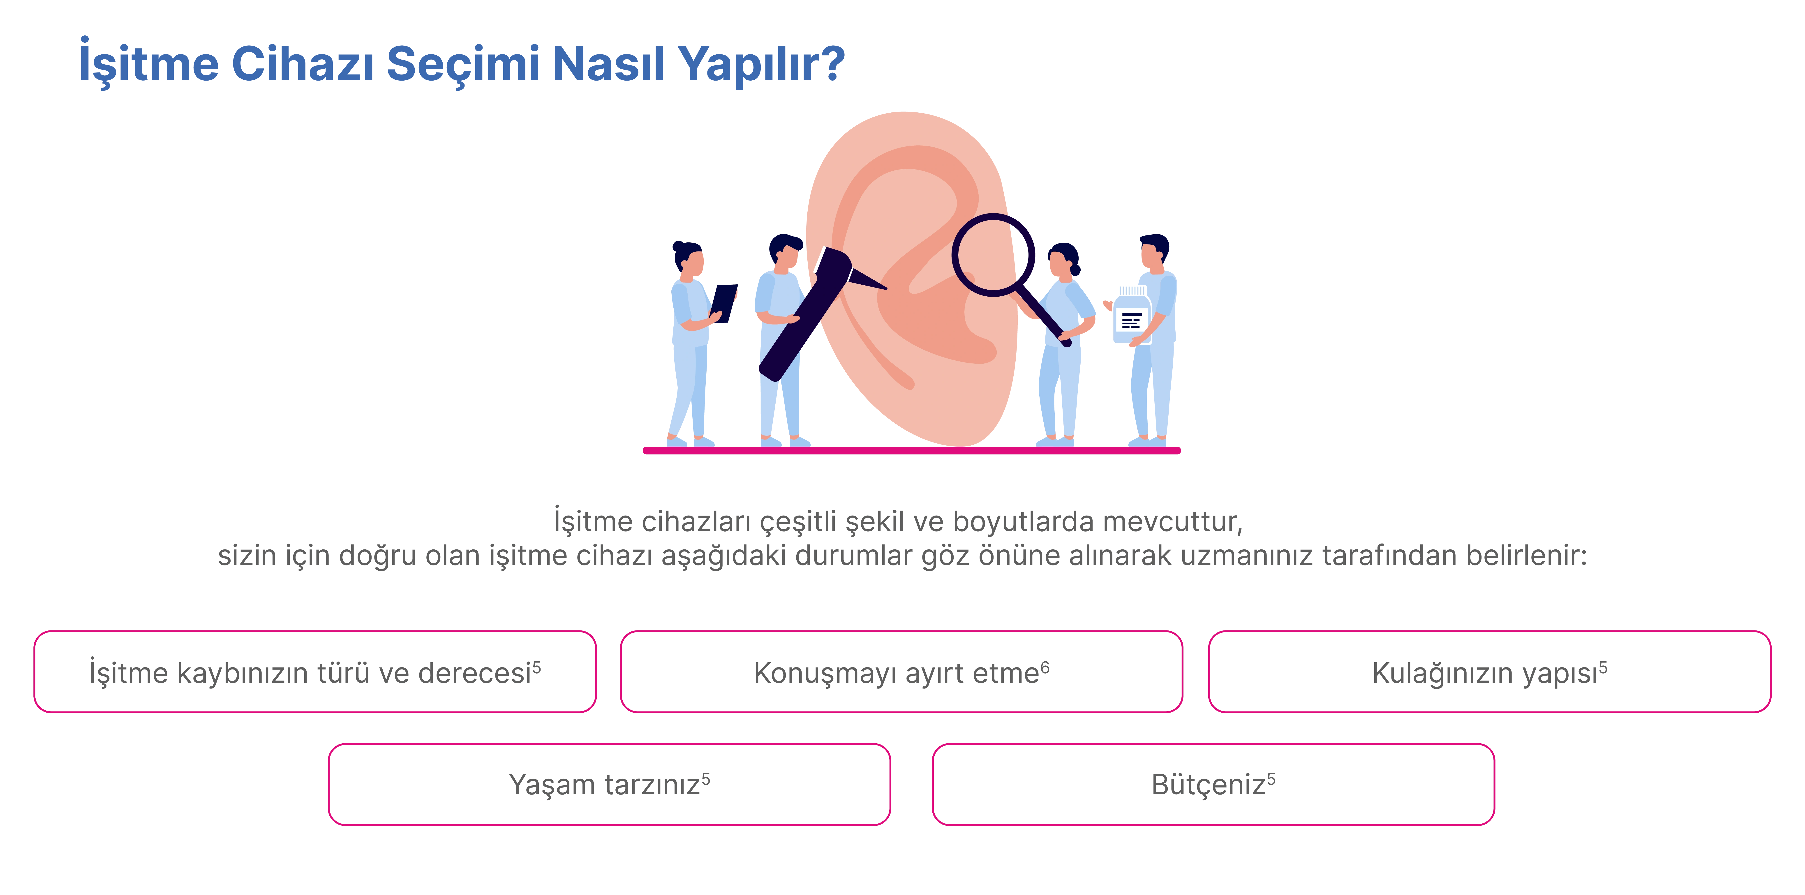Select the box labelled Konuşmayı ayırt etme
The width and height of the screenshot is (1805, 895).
click(902, 672)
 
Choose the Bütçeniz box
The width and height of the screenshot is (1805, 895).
click(1214, 784)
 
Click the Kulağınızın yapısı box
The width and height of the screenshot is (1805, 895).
click(1490, 672)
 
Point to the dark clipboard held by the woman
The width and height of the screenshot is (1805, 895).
click(724, 303)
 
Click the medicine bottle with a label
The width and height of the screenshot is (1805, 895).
click(1132, 315)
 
